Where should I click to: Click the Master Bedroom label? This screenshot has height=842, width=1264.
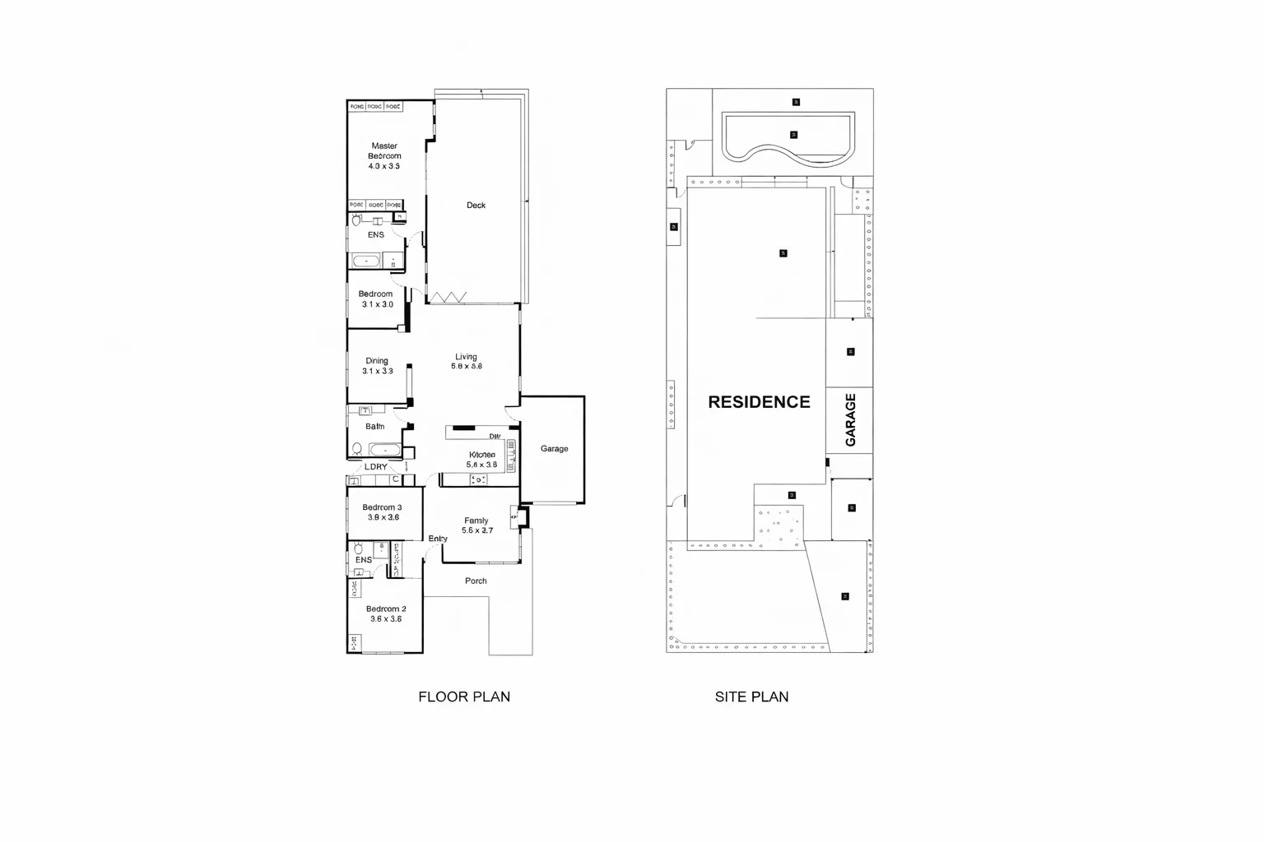[384, 155]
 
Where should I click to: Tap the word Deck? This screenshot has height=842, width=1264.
[476, 206]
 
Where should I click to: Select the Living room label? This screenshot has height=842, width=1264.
[466, 362]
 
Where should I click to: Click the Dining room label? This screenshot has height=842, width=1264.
[377, 366]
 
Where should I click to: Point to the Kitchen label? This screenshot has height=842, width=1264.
[482, 459]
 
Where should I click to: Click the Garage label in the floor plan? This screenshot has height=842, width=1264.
[554, 449]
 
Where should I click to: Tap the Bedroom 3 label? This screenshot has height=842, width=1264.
[382, 512]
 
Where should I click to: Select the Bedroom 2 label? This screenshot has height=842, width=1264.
[386, 613]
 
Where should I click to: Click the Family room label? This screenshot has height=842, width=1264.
[476, 525]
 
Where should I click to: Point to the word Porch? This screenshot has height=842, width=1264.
[476, 581]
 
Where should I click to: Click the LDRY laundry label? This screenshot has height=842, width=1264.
[375, 467]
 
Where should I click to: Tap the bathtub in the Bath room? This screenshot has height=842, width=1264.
[384, 450]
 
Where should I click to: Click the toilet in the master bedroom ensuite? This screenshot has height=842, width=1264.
[357, 220]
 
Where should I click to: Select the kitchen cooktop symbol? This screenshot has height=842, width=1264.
[478, 479]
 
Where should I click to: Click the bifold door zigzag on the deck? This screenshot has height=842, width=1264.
[449, 297]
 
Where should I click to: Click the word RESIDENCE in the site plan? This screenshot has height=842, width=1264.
[759, 402]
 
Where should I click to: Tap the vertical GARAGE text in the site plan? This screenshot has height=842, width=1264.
[851, 420]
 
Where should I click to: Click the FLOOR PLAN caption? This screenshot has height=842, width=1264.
[464, 696]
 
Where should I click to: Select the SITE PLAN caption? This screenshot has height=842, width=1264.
[751, 696]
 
